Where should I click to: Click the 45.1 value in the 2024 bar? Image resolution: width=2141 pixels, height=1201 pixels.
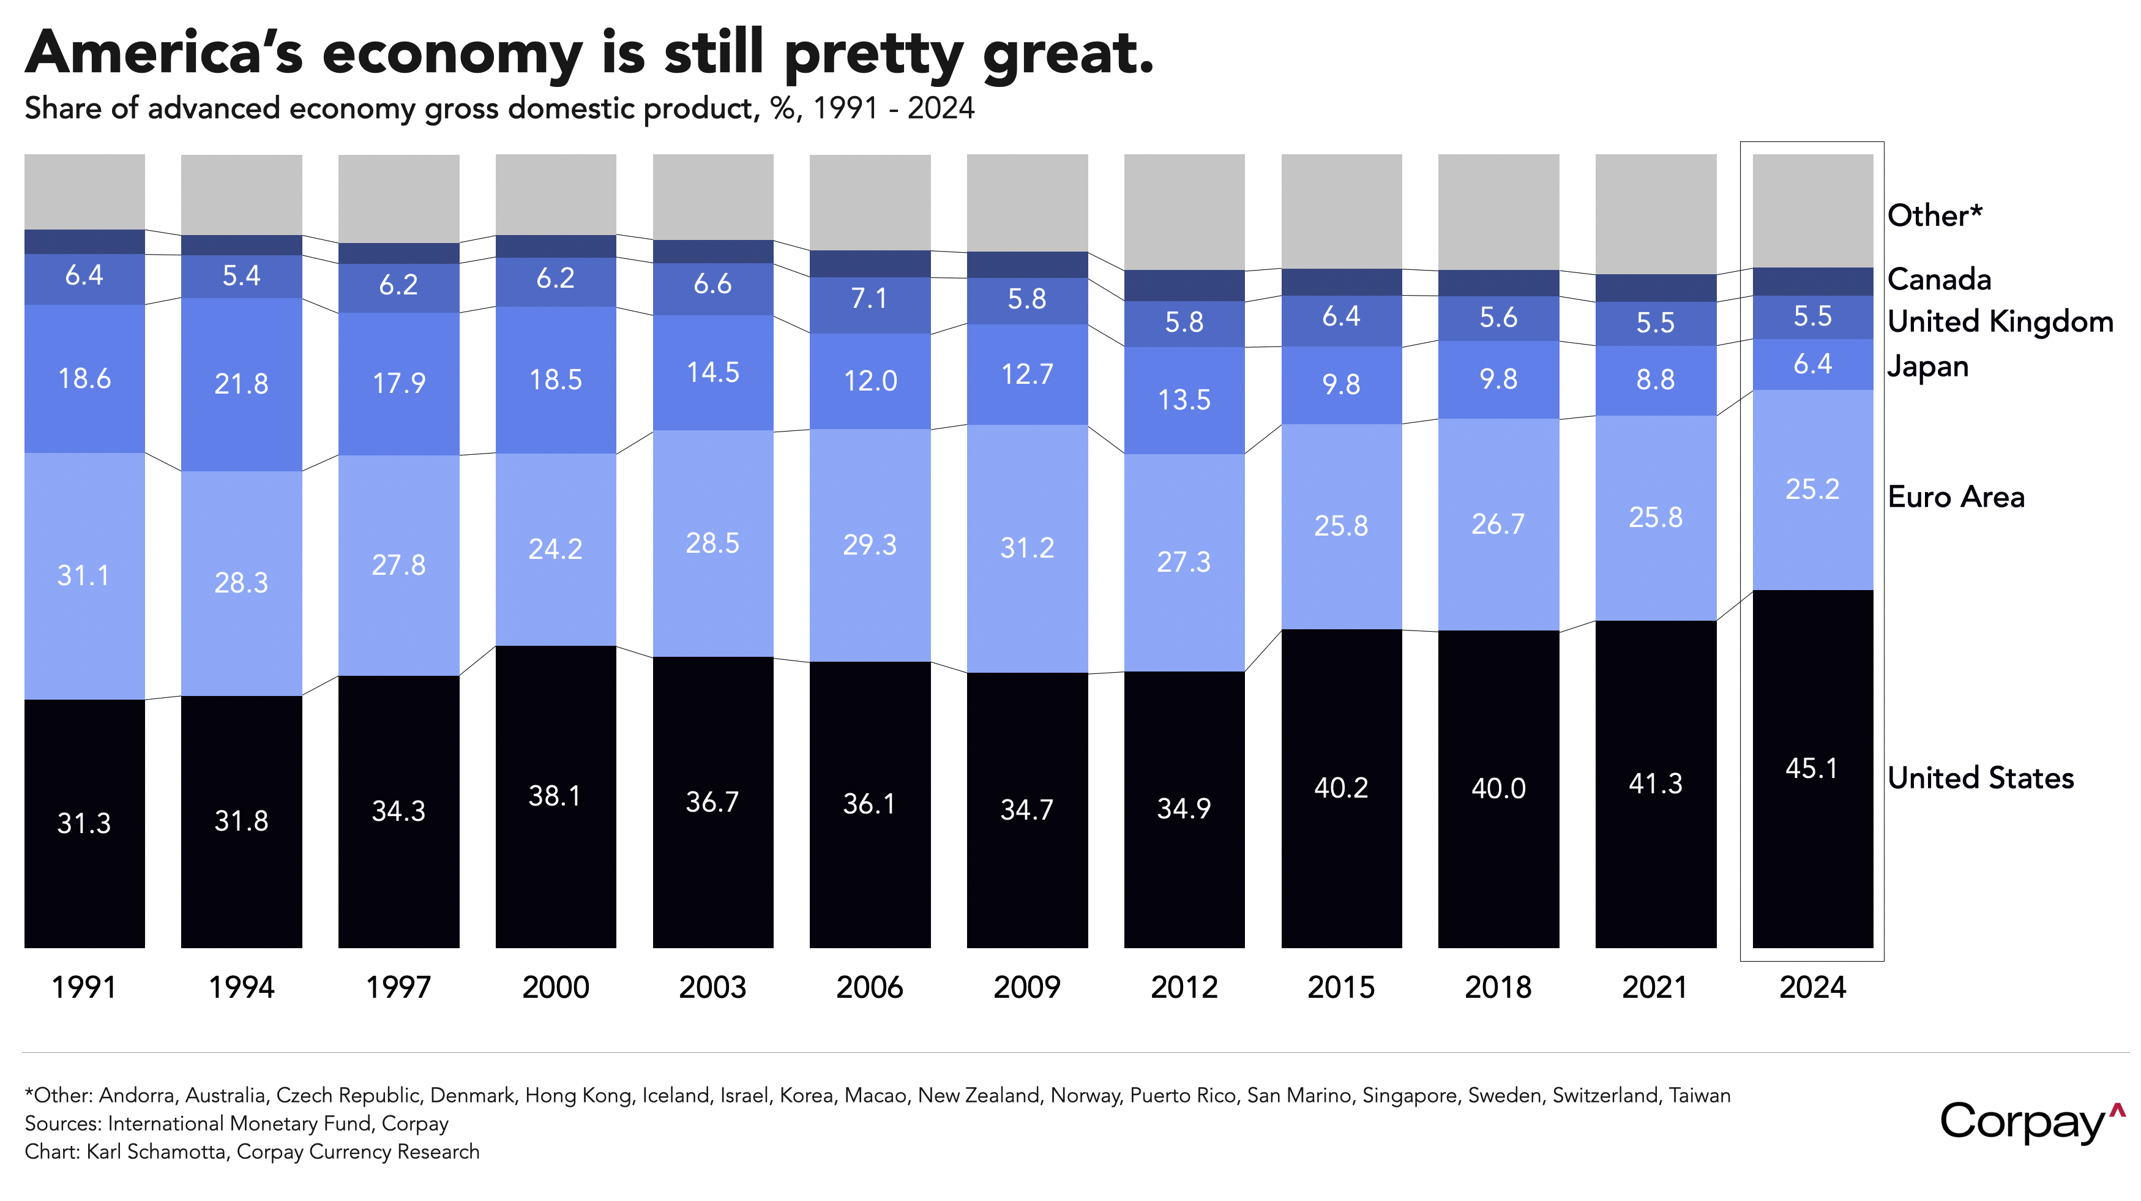pos(1812,769)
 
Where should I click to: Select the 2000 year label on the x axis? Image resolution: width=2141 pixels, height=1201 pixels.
pos(555,987)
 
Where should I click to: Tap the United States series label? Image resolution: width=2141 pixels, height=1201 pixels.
pos(1981,778)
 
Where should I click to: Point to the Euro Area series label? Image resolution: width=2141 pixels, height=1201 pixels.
pos(1956,497)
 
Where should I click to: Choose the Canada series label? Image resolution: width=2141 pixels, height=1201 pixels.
pos(1939,279)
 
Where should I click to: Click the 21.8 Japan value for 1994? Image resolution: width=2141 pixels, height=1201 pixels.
pos(241,384)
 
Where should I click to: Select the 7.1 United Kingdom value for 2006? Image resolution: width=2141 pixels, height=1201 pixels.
pos(869,298)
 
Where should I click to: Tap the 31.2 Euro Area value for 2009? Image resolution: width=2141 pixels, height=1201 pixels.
pos(1027,548)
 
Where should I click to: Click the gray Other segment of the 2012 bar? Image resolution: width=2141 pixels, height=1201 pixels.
pos(1184,212)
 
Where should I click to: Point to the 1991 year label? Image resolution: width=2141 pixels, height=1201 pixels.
pos(84,987)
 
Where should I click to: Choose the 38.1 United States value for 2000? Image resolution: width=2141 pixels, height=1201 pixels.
pos(555,796)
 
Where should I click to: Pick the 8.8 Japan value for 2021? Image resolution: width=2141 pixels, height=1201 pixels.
pos(1656,380)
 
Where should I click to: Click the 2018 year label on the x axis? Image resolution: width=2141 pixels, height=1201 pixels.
pos(1498,987)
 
